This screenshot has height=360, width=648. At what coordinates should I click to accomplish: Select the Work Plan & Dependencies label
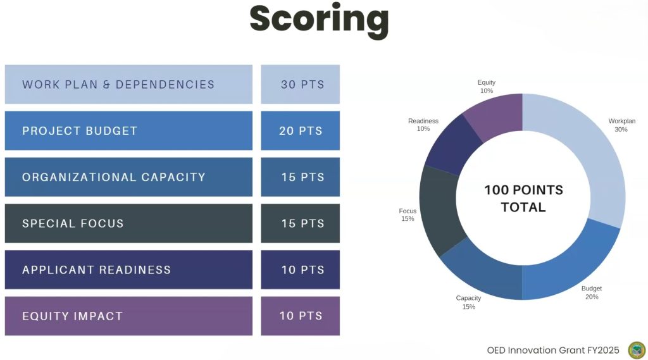[x=118, y=84]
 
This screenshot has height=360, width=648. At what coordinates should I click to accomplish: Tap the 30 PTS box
[x=301, y=84]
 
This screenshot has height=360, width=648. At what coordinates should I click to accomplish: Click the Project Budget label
[x=80, y=131]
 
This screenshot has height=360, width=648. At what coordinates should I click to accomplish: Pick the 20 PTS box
[x=301, y=131]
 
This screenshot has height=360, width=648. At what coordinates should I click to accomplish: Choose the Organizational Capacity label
[x=114, y=177]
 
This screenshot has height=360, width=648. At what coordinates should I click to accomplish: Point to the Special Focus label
[x=73, y=223]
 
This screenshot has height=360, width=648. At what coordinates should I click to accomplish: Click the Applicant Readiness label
[x=96, y=270]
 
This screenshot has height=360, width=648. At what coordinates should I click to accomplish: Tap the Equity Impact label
[x=72, y=316]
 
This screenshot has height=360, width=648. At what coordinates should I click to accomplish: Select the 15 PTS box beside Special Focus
[x=301, y=223]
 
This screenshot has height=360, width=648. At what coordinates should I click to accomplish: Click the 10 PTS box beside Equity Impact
[x=301, y=316]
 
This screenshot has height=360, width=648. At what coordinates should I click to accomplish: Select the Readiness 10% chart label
[x=423, y=125]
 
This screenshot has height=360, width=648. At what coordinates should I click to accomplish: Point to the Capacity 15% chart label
[x=468, y=302]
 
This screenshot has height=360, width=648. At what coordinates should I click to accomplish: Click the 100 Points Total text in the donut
[x=523, y=198]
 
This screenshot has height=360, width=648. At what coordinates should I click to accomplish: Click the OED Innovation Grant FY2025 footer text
[x=553, y=350]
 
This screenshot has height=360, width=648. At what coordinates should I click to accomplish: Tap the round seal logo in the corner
[x=636, y=350]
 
